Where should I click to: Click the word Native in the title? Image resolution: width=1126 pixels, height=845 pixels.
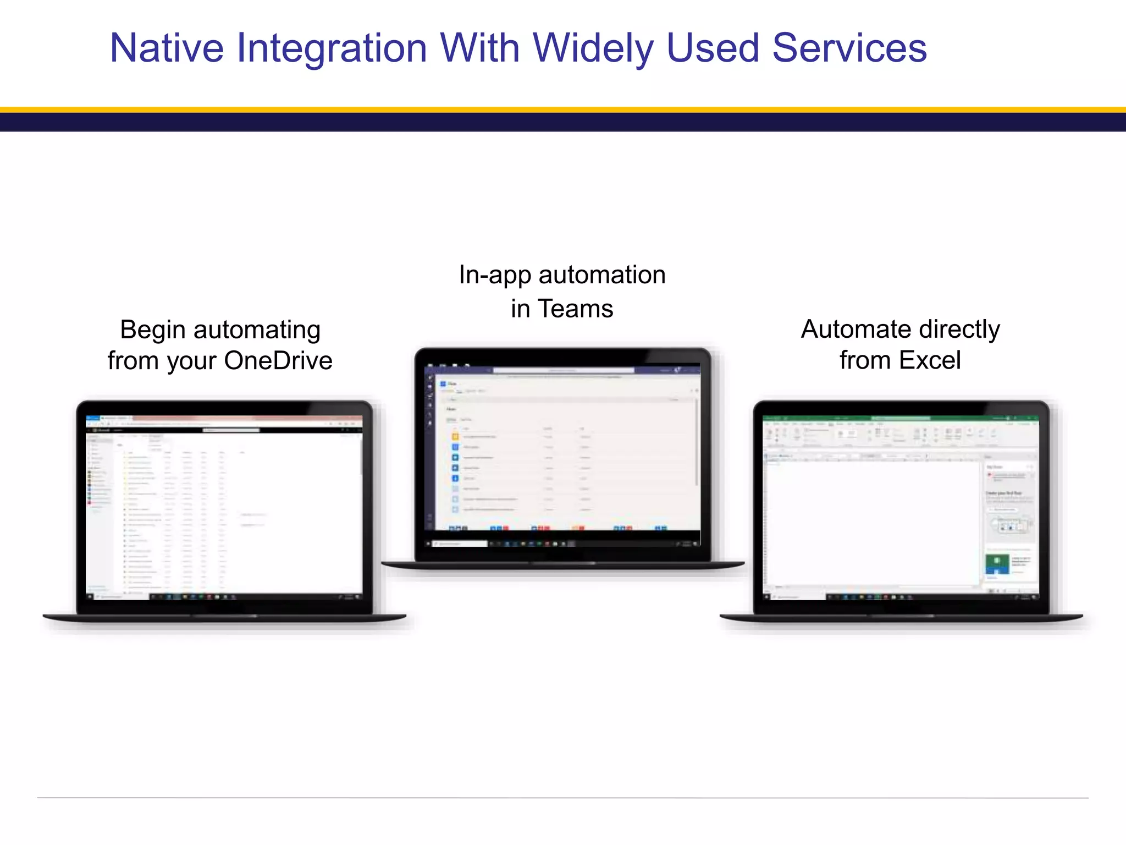click(167, 48)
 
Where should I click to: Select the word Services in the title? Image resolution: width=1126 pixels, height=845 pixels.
click(849, 48)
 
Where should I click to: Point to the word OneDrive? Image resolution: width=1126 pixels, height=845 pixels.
click(278, 361)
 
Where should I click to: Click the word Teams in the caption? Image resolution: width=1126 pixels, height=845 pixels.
click(575, 309)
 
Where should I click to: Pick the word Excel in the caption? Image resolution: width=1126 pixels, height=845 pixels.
click(930, 361)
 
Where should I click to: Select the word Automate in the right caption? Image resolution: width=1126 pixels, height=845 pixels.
click(855, 330)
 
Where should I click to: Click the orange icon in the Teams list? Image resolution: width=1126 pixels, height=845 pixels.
click(455, 437)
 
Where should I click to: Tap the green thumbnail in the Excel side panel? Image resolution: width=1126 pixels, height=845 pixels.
click(997, 563)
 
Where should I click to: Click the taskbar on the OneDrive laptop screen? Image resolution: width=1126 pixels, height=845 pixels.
click(224, 597)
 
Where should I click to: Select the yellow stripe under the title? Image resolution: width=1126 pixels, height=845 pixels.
click(563, 110)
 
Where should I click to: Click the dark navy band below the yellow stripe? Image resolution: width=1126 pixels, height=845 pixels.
click(563, 122)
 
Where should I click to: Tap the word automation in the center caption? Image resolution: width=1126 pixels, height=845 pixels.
click(602, 275)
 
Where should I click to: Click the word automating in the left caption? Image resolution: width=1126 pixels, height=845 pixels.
click(257, 331)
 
